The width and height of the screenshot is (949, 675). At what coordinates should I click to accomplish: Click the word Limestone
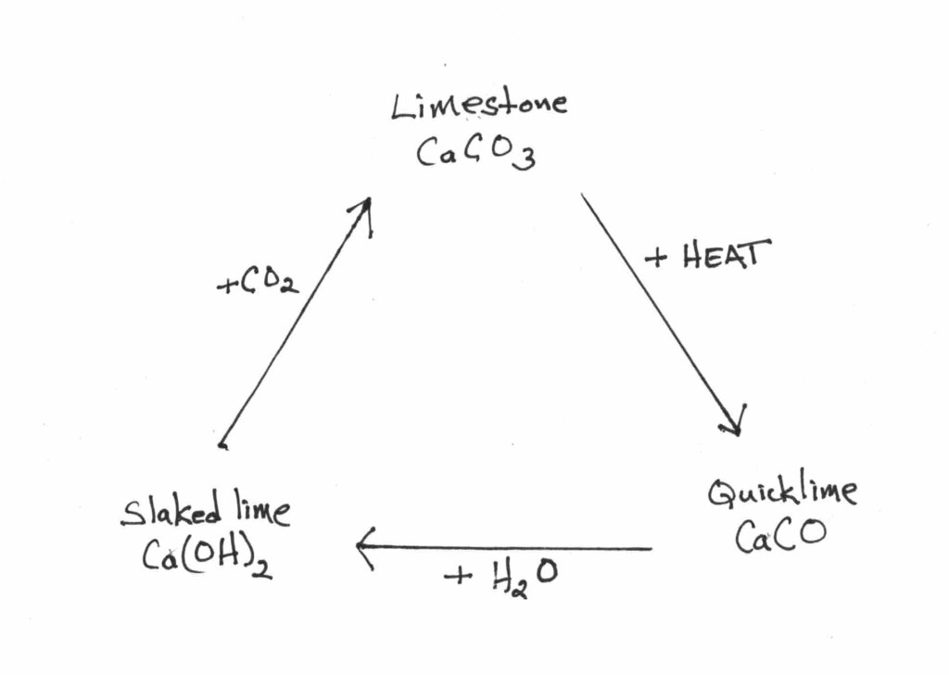478,105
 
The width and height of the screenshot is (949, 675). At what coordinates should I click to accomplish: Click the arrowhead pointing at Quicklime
735,422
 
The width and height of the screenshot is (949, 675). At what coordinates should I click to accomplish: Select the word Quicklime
782,492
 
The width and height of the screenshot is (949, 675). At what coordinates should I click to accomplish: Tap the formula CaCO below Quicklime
779,537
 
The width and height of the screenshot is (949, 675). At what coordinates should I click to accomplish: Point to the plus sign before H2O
457,578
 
